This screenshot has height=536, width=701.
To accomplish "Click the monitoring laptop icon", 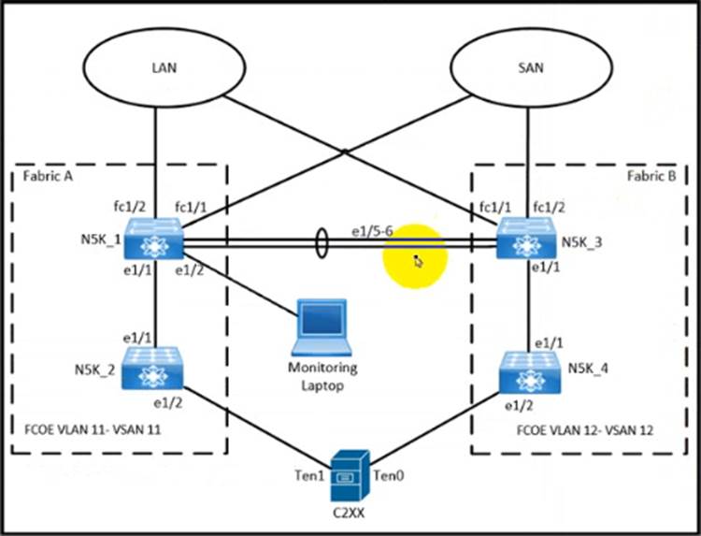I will [x=322, y=328].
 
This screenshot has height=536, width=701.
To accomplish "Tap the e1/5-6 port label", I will [x=372, y=230].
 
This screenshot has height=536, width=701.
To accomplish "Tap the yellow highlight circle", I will [x=415, y=258].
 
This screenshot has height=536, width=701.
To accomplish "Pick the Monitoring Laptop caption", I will [x=322, y=376].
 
